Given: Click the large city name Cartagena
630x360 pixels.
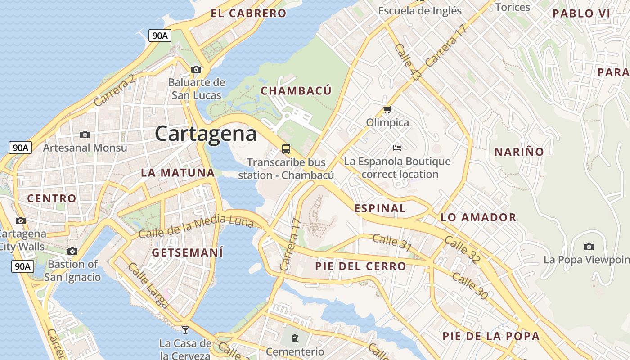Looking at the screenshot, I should click(x=206, y=134).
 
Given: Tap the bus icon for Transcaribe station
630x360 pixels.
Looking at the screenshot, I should click(x=286, y=148).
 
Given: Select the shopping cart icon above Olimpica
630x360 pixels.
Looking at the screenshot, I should click(x=387, y=109).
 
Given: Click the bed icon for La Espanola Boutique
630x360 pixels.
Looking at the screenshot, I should click(x=397, y=148).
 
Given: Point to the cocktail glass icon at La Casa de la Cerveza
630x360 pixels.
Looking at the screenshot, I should click(x=185, y=330).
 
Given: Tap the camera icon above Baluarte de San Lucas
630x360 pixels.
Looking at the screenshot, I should click(x=196, y=69).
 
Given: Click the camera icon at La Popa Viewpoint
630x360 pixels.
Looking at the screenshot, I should click(x=589, y=247).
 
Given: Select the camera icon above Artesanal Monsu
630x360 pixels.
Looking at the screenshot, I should click(x=85, y=135).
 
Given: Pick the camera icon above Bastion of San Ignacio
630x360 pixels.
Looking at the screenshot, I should click(x=72, y=251).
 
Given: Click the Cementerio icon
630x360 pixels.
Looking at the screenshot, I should click(x=295, y=338).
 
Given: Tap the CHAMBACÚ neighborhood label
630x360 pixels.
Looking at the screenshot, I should click(x=296, y=91).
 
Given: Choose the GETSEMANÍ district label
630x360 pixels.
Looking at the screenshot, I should click(x=187, y=252).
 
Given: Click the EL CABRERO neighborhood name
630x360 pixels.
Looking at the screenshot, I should click(x=248, y=13).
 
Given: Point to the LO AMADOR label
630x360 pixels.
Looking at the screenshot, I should click(x=478, y=218).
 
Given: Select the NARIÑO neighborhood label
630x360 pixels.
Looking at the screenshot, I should click(x=519, y=152).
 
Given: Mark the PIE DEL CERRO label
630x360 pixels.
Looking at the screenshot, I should click(x=360, y=266).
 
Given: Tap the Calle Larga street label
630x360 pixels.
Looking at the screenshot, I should click(x=148, y=286).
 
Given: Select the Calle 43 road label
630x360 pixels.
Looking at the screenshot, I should click(x=407, y=63).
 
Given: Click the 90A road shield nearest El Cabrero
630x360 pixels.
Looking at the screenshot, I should click(x=160, y=36).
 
